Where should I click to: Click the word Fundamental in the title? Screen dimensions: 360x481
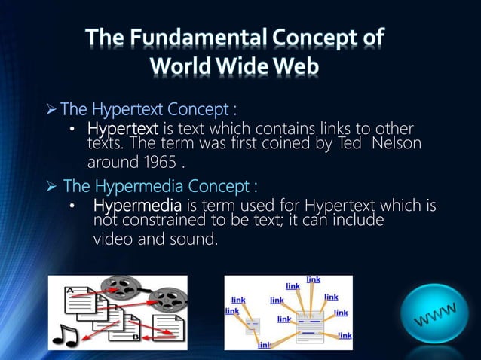pyautogui.click(x=200, y=38)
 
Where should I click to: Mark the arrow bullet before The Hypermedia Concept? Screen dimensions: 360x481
pyautogui.click(x=51, y=185)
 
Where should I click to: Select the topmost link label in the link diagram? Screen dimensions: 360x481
pyautogui.click(x=314, y=279)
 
